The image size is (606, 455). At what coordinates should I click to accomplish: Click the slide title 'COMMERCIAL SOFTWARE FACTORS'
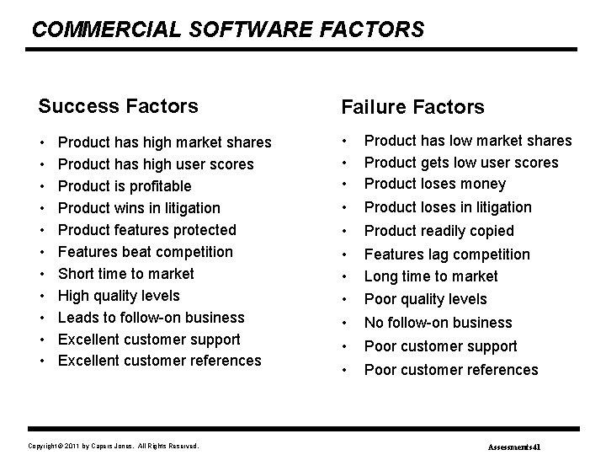coord(228,29)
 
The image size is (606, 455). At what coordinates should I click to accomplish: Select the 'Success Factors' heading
coord(119,106)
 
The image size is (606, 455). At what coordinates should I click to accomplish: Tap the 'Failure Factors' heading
coord(412,107)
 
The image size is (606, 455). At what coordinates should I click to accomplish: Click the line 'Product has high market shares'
coord(165,142)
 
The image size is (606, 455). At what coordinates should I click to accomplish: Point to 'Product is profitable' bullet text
coord(125,186)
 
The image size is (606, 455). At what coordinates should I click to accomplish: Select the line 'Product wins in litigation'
coord(139,208)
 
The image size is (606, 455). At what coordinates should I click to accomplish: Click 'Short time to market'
coord(126,274)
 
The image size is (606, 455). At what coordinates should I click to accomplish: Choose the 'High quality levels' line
coord(119,296)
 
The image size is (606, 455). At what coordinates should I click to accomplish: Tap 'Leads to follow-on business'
coord(151,318)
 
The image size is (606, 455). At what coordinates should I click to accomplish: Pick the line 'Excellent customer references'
coord(160,361)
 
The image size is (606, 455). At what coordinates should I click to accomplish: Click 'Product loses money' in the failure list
coord(435,184)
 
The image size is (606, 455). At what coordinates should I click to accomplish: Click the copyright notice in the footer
coord(114,444)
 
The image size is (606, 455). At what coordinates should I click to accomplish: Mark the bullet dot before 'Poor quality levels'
coord(344,299)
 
